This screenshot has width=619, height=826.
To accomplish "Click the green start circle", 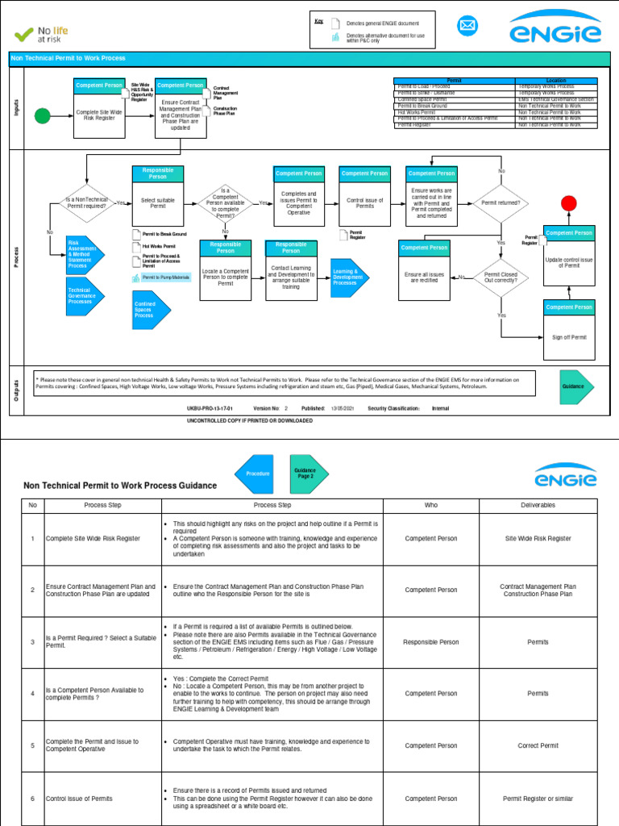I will [42, 117].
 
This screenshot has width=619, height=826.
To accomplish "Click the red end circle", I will [569, 203].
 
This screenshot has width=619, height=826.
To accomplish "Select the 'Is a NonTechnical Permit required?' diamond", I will [86, 203].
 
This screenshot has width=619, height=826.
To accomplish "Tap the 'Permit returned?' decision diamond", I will [501, 202].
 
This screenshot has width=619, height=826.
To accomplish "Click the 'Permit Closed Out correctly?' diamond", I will [501, 277].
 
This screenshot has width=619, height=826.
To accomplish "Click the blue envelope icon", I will [467, 27].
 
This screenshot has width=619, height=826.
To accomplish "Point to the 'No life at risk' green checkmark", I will [24, 35].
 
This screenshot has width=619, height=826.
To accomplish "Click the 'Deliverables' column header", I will [538, 505].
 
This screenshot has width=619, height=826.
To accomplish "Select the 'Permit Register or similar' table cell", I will [538, 799].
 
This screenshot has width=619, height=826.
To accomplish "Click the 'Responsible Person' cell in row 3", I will [431, 642].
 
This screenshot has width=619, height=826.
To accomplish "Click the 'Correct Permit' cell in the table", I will [538, 746].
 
